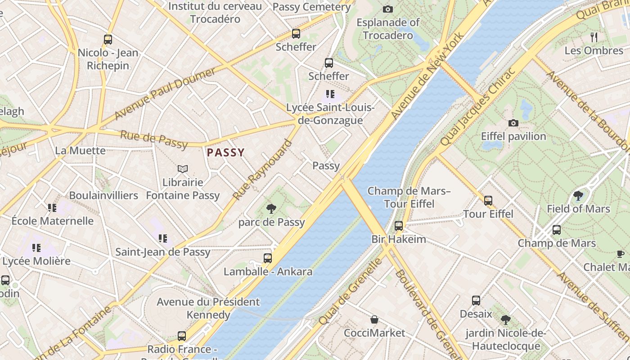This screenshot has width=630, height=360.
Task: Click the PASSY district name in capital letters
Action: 225,153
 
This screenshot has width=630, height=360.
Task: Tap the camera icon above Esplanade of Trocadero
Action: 387,9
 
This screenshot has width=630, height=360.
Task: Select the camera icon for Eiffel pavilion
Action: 513,123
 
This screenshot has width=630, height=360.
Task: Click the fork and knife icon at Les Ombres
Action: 594,37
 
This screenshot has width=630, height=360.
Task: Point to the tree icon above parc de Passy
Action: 271,208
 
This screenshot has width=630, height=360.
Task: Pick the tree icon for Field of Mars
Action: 578,195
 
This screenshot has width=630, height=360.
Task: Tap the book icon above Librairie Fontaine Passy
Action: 182,169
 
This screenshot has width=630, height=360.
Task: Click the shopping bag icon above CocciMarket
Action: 374,319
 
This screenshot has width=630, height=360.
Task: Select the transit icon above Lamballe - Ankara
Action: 268,258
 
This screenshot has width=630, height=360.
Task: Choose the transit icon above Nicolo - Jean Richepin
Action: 108,39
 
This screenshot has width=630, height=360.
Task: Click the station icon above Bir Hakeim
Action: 398,225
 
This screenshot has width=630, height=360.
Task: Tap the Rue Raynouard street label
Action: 262,171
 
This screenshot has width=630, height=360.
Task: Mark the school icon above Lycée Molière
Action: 36,247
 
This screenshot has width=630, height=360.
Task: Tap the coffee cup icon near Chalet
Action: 620,254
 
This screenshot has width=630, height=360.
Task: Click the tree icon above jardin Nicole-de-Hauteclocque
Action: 506,320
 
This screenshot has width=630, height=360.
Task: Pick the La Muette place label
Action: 80,150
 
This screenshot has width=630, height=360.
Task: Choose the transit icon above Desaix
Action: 476,300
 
